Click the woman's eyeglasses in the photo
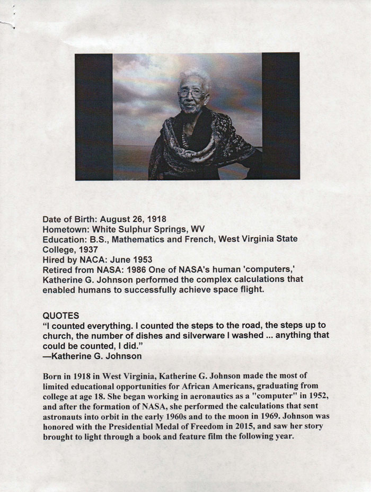192,93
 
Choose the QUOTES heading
61,315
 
